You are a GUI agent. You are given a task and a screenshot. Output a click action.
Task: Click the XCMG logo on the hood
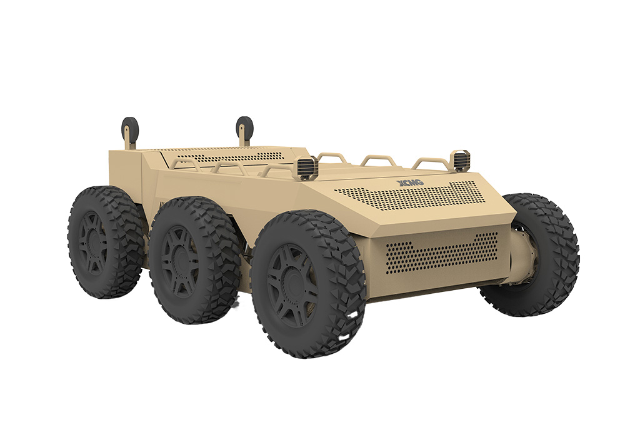410,183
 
